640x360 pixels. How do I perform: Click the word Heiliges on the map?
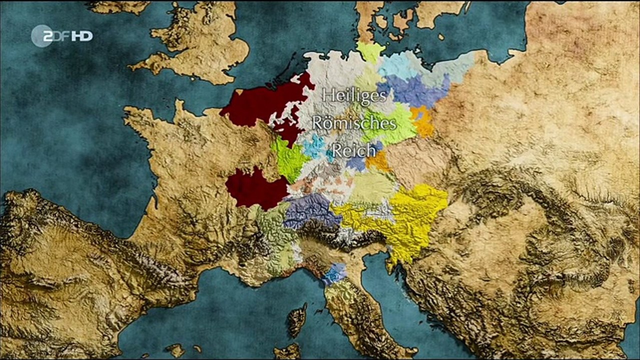[354, 95]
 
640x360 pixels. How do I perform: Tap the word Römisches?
[354, 122]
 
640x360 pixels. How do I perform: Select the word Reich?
[354, 149]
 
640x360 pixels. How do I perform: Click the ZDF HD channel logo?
[62, 36]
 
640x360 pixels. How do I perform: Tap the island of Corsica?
[297, 319]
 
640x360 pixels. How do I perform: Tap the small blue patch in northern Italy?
[334, 273]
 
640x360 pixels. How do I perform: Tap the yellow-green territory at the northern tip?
[371, 51]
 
